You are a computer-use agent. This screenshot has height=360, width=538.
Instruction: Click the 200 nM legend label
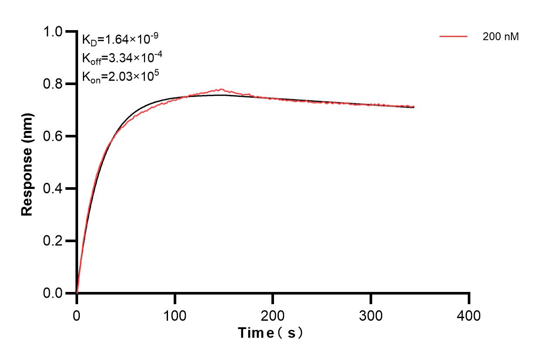(500, 37)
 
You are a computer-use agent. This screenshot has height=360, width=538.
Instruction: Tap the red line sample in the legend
(454, 37)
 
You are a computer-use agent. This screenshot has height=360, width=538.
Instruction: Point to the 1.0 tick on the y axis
(53, 31)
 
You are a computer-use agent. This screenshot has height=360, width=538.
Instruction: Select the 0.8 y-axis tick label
(53, 84)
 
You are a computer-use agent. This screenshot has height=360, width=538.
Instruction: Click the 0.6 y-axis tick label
(53, 136)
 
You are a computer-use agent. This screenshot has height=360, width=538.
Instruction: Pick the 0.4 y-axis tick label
(53, 189)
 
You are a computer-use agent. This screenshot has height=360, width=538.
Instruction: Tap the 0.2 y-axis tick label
(53, 241)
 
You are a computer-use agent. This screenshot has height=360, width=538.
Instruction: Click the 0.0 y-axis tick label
(53, 293)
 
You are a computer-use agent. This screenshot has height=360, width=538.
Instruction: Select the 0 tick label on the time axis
(77, 315)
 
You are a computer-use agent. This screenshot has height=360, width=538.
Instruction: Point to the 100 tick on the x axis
(175, 315)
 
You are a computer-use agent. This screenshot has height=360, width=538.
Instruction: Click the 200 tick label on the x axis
(273, 315)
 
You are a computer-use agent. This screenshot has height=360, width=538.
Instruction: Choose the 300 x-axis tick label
(371, 315)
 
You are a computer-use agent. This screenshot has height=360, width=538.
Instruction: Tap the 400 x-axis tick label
(469, 315)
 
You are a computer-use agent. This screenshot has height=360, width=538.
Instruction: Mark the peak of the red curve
(220, 89)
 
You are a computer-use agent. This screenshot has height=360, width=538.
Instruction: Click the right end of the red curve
(414, 106)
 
